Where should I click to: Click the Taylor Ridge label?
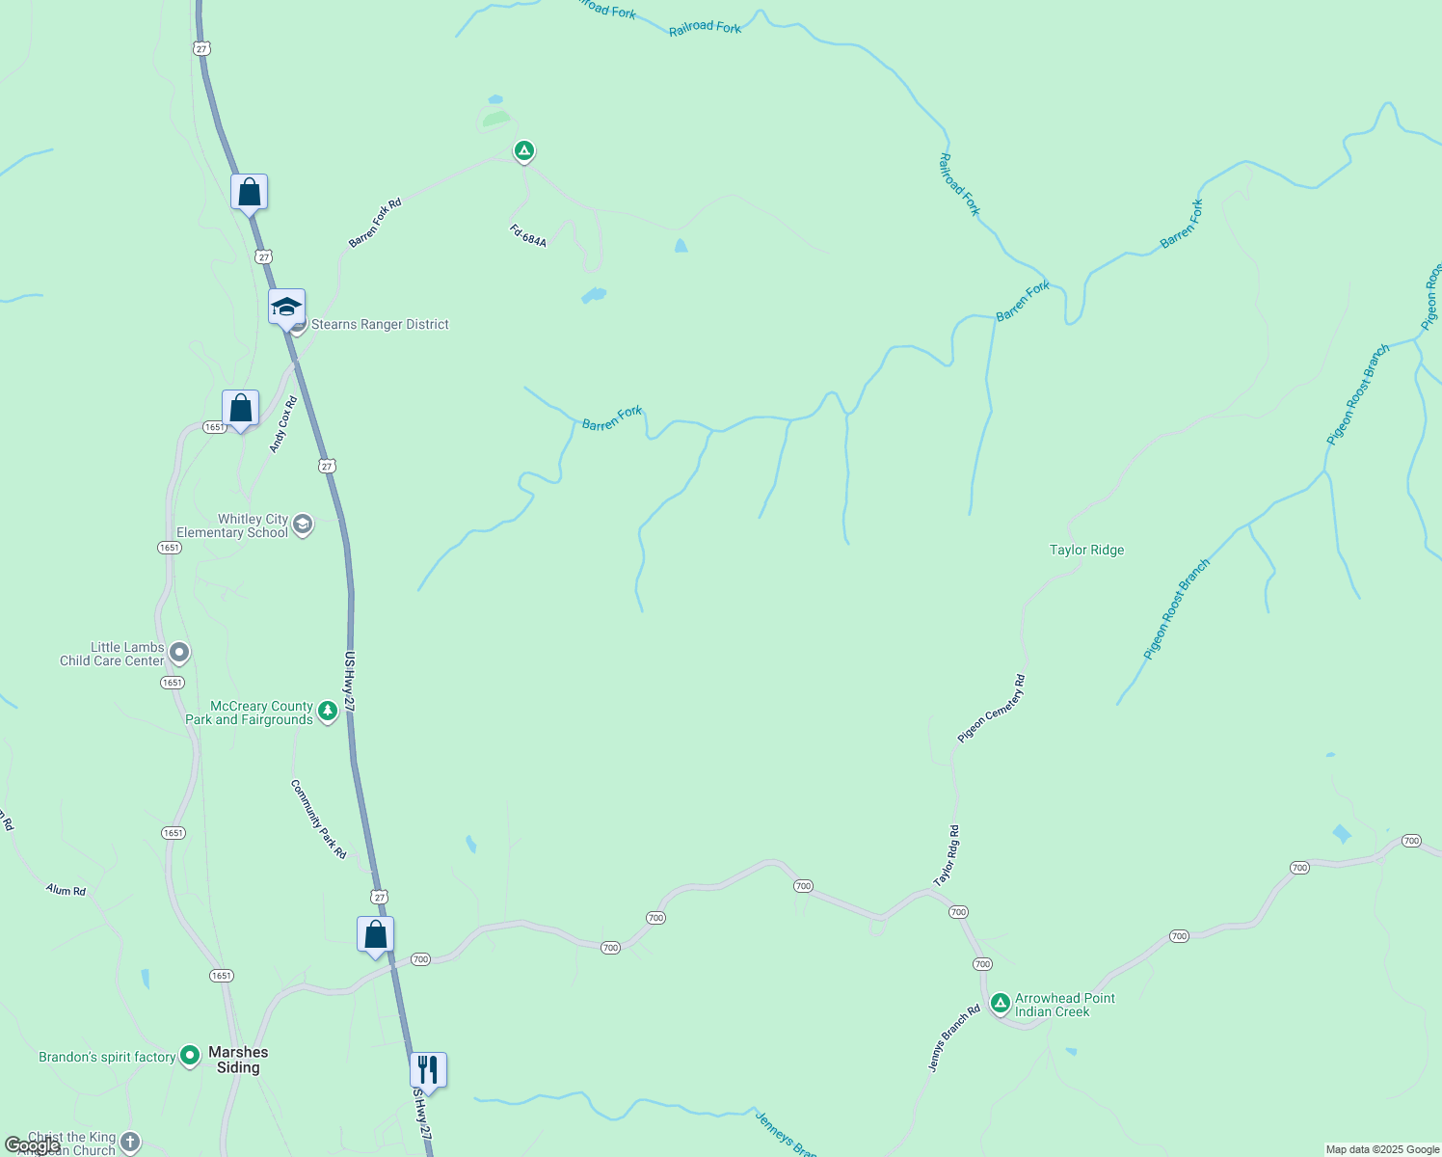[1086, 550]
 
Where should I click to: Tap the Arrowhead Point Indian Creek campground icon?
[1001, 1005]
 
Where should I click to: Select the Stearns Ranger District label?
[380, 324]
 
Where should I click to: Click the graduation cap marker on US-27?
[286, 308]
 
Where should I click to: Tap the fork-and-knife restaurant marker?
[428, 1070]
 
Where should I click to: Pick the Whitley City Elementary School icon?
[303, 525]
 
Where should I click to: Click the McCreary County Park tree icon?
[328, 712]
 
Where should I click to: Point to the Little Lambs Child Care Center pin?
[178, 653]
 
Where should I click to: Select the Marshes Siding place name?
[238, 1060]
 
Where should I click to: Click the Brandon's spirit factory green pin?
[190, 1056]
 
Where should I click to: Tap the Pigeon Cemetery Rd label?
[992, 709]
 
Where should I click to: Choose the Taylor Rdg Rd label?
[947, 856]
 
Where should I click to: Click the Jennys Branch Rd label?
[953, 1037]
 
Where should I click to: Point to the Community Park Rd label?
[318, 819]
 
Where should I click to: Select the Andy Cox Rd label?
[283, 424]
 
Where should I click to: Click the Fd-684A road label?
[528, 235]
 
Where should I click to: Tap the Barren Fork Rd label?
[375, 223]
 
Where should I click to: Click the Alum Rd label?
[66, 890]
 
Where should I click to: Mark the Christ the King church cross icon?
[130, 1143]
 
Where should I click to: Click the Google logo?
[32, 1145]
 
